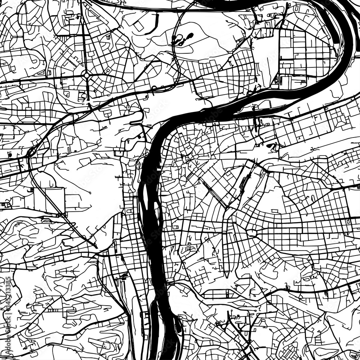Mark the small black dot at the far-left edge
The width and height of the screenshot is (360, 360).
[x=9, y=155]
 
